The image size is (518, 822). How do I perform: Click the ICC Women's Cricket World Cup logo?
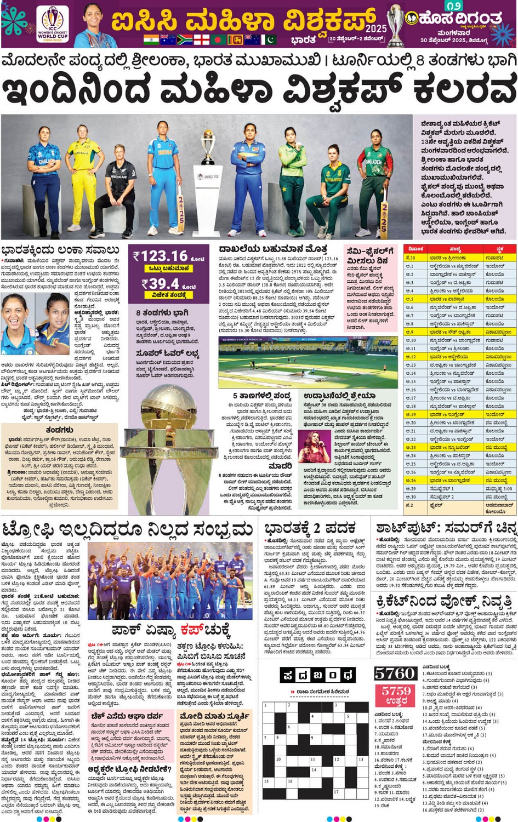point(53,24)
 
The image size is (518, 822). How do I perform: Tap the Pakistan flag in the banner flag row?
point(269,39)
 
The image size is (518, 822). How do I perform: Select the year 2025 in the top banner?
point(376,28)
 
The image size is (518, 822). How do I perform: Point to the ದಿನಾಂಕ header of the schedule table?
point(415,249)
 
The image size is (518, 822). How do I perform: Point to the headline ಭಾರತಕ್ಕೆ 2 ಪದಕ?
point(310,529)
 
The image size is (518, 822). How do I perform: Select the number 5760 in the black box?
point(396,673)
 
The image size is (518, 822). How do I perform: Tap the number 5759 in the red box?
point(396,692)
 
